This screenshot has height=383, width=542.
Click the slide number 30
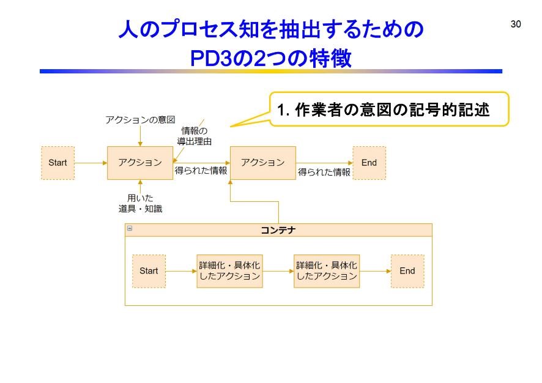pyautogui.click(x=515, y=24)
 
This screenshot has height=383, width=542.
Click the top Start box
pyautogui.click(x=58, y=163)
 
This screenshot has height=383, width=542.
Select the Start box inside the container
pyautogui.click(x=149, y=271)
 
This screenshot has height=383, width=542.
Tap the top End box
pyautogui.click(x=369, y=163)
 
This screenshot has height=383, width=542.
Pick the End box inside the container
pyautogui.click(x=407, y=271)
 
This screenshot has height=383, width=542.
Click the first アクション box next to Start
pyautogui.click(x=140, y=163)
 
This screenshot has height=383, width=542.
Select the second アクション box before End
pyautogui.click(x=262, y=163)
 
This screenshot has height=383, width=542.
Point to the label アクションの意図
pyautogui.click(x=140, y=119)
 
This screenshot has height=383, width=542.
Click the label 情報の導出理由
pyautogui.click(x=194, y=136)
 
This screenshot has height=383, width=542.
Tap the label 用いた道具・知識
pyautogui.click(x=140, y=203)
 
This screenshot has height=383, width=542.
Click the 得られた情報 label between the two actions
pyautogui.click(x=201, y=171)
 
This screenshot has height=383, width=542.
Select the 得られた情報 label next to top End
pyautogui.click(x=324, y=173)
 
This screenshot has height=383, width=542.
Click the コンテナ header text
pyautogui.click(x=278, y=230)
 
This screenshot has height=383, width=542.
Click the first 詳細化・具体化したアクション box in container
pyautogui.click(x=229, y=271)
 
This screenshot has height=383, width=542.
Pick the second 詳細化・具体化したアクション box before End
pyautogui.click(x=327, y=271)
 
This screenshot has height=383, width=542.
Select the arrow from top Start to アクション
pyautogui.click(x=91, y=163)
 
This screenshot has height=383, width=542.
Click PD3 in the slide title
pyautogui.click(x=213, y=59)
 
